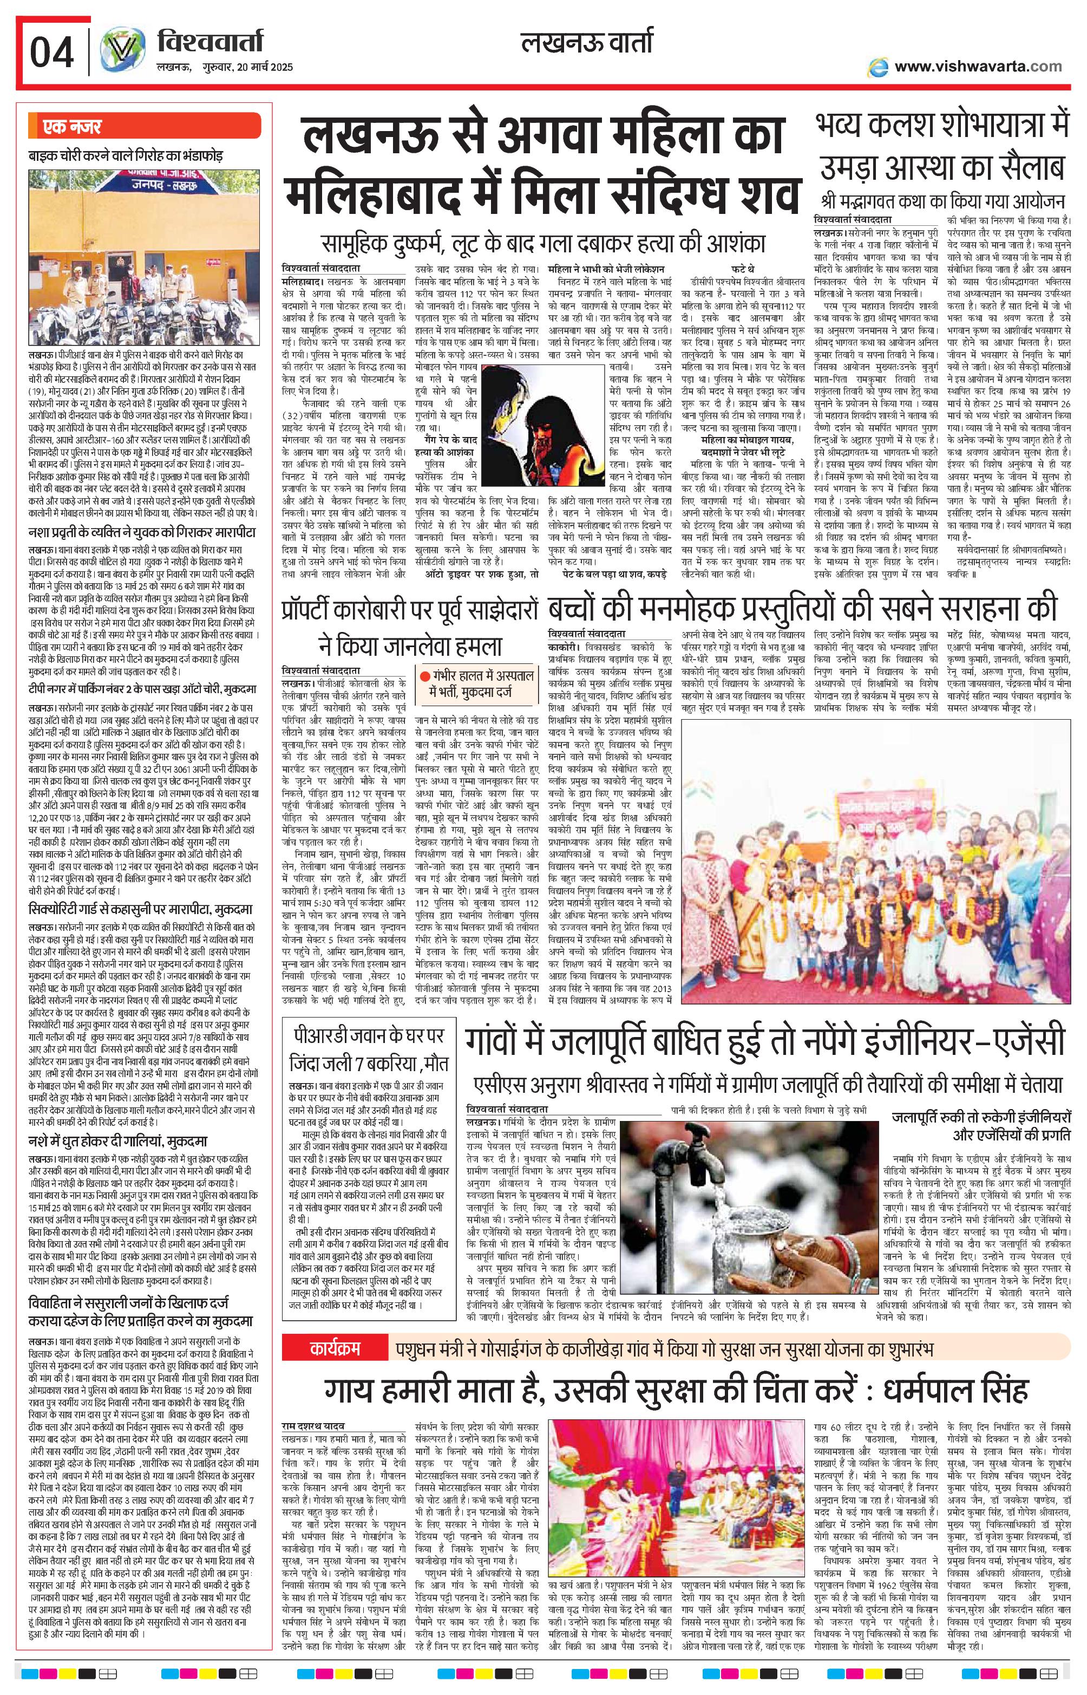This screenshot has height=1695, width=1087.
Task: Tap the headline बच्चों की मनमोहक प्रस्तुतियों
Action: click(x=803, y=609)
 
